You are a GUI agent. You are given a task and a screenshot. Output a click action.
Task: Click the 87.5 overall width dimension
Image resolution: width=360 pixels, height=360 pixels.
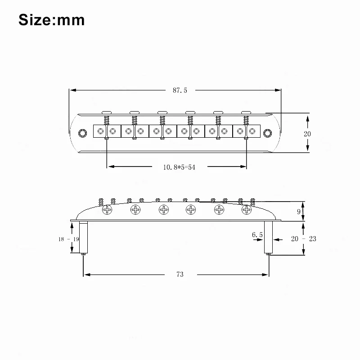[180, 90]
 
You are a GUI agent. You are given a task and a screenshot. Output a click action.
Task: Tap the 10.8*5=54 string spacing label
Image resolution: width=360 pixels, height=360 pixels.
[179, 167]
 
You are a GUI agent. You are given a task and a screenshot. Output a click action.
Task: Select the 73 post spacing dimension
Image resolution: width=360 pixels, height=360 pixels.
[180, 274]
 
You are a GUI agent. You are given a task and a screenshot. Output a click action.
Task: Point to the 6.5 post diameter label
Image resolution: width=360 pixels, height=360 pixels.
[257, 234]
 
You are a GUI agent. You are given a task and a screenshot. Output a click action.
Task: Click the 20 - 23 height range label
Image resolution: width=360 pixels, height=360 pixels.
[303, 239]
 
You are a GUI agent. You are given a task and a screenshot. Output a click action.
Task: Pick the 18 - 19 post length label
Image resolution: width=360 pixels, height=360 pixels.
[69, 239]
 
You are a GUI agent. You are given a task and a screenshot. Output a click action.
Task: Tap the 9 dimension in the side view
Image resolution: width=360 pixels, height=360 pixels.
[299, 211]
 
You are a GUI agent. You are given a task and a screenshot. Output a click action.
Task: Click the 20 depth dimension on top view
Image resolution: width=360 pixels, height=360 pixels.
[307, 134]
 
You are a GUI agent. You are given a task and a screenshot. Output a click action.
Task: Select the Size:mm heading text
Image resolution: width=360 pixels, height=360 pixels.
[52, 20]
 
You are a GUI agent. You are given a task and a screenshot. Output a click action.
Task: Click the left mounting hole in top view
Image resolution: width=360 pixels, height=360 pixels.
[82, 133]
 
